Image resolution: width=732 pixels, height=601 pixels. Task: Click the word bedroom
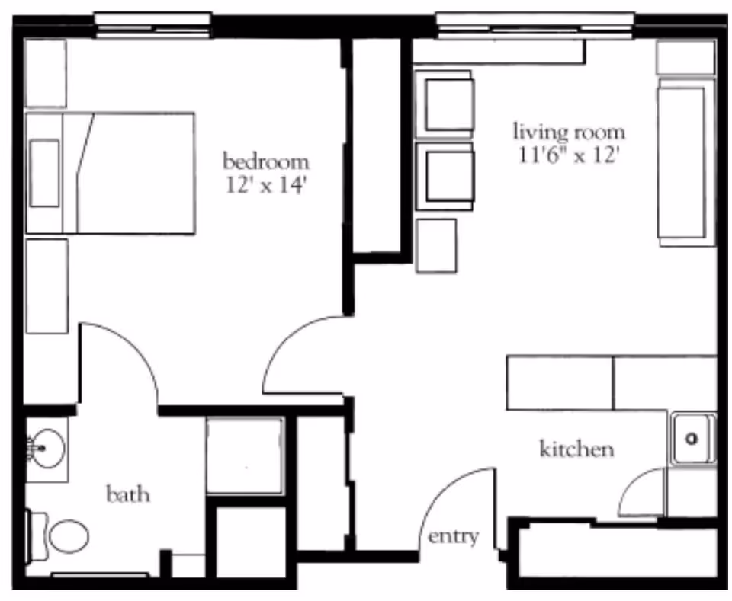[x=265, y=162]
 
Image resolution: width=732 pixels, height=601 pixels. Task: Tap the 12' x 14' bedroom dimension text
[x=265, y=187]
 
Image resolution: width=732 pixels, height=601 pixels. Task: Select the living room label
[x=568, y=131]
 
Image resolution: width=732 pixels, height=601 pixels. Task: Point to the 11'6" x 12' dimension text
[x=568, y=155]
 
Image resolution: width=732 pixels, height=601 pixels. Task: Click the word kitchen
[x=576, y=449]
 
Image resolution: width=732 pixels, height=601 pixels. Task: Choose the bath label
[x=128, y=495]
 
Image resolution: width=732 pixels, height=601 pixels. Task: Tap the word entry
[x=453, y=536]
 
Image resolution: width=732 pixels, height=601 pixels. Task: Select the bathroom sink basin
[x=47, y=448]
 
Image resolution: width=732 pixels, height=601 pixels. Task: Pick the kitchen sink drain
[x=692, y=439]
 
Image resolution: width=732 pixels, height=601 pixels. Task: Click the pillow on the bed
[x=44, y=173]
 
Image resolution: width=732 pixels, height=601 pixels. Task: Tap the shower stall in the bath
[x=244, y=455]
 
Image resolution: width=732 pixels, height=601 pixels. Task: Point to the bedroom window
[x=152, y=23]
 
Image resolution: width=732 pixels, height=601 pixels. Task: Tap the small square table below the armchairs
[x=436, y=245]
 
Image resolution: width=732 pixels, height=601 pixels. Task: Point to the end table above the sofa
[x=685, y=57]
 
